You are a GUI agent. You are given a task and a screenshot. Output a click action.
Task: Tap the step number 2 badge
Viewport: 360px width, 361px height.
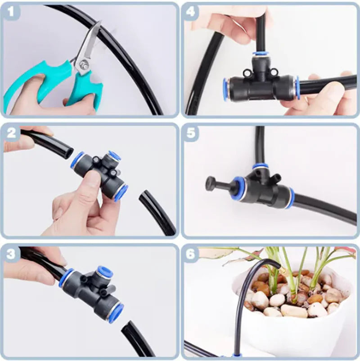(x=11, y=132)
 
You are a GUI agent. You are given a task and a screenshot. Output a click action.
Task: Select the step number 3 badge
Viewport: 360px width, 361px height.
(x=11, y=253)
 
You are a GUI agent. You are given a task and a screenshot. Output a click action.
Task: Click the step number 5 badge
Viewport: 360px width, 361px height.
(x=191, y=132)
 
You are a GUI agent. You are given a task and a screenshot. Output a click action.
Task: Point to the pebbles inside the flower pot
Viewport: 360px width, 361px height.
(x=292, y=299)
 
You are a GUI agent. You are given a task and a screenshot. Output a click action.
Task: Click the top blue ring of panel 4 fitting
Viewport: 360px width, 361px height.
(x=260, y=53)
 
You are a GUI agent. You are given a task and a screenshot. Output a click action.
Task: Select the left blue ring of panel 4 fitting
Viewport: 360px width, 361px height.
(x=225, y=89)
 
